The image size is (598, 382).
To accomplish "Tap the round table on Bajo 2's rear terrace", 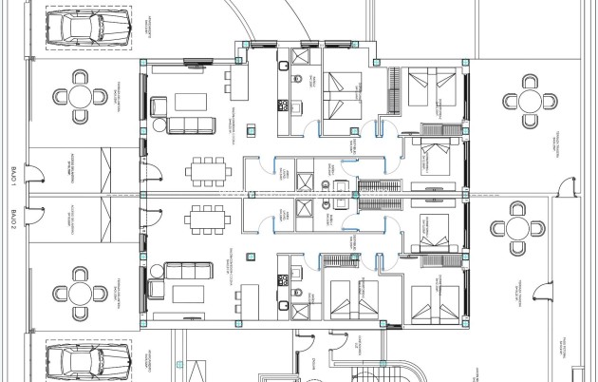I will [517, 229].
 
